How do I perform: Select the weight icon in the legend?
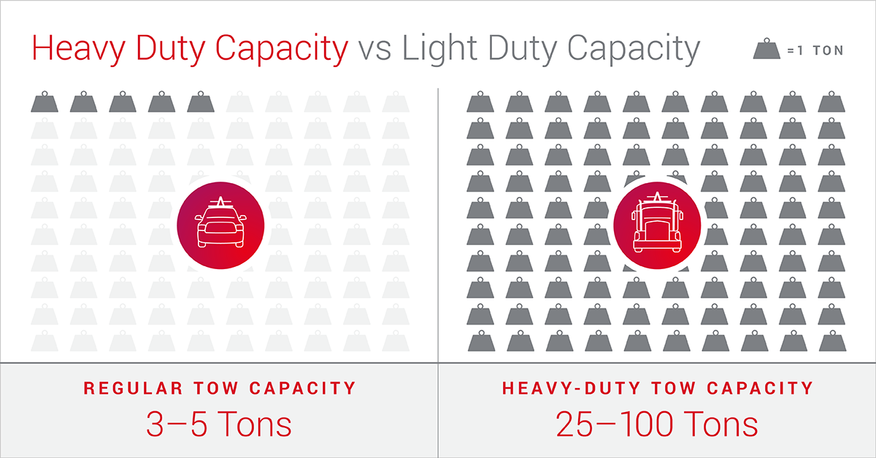(x=768, y=50)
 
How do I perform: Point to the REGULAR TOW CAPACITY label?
(x=219, y=388)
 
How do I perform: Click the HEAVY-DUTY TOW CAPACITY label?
(x=657, y=388)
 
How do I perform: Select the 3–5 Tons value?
(x=219, y=424)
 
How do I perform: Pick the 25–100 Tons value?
(x=656, y=424)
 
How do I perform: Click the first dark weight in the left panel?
(x=45, y=102)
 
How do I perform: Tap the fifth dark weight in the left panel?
(x=201, y=102)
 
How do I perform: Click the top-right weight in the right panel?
(x=832, y=102)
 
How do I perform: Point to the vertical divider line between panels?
(x=438, y=219)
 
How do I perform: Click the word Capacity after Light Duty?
(x=637, y=49)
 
